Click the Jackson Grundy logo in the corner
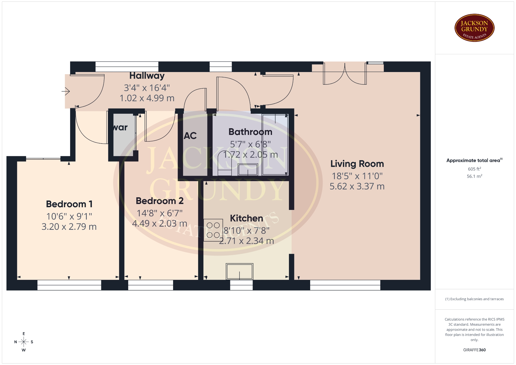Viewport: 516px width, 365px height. pyautogui.click(x=474, y=28)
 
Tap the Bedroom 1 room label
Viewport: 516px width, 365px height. pyautogui.click(x=69, y=204)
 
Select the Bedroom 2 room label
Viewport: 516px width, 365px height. pyautogui.click(x=160, y=201)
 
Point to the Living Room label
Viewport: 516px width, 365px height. pyautogui.click(x=357, y=164)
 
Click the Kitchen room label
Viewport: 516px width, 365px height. pyautogui.click(x=246, y=218)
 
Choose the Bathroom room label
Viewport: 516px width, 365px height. pyautogui.click(x=250, y=132)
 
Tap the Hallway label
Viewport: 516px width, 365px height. pyautogui.click(x=147, y=76)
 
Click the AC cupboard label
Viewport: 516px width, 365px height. pyautogui.click(x=190, y=136)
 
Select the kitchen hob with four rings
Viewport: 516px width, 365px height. pyautogui.click(x=213, y=230)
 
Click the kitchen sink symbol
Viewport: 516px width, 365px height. pyautogui.click(x=239, y=271)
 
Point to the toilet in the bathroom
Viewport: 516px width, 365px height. pyautogui.click(x=224, y=163)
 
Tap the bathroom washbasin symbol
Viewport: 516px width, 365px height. pyautogui.click(x=248, y=170)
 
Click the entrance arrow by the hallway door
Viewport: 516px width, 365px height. pyautogui.click(x=66, y=91)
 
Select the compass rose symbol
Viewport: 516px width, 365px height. pyautogui.click(x=24, y=342)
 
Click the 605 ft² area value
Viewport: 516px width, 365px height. pyautogui.click(x=474, y=169)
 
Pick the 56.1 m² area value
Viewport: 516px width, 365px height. pyautogui.click(x=474, y=176)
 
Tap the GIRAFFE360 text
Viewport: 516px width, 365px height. pyautogui.click(x=474, y=350)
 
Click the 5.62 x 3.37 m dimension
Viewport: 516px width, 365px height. pyautogui.click(x=357, y=186)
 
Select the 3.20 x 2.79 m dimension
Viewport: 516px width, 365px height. pyautogui.click(x=69, y=227)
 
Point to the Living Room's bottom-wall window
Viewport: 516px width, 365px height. pyautogui.click(x=345, y=285)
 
